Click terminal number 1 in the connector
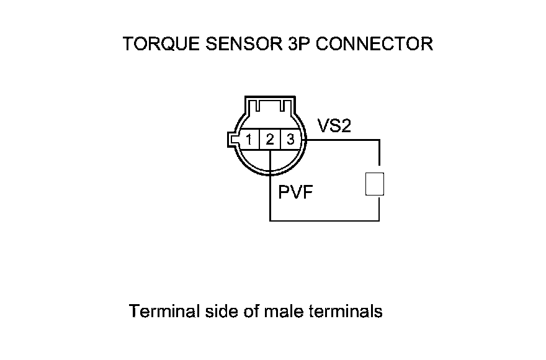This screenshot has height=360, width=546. [248, 140]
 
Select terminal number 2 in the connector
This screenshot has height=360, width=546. [270, 140]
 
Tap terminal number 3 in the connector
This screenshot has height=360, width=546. [290, 140]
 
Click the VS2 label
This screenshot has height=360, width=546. [334, 126]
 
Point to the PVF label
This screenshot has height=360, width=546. [295, 192]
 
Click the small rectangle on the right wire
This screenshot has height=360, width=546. [375, 184]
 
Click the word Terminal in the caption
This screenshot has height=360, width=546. [164, 311]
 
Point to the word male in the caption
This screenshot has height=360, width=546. [284, 311]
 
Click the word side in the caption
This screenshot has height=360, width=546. [218, 311]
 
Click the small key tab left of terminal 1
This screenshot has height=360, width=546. [230, 140]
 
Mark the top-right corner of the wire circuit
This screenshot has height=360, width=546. [378, 140]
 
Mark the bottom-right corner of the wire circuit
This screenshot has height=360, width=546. [378, 220]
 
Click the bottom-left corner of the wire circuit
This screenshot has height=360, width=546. [271, 220]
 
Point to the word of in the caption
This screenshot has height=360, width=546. [249, 311]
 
